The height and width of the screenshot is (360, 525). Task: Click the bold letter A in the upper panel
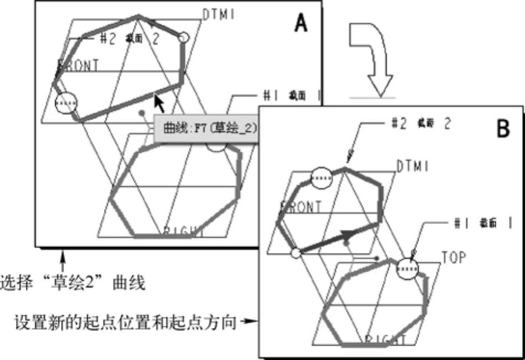pyautogui.click(x=301, y=23)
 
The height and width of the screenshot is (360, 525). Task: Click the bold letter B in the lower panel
pyautogui.click(x=504, y=129)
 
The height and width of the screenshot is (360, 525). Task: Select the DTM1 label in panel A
pyautogui.click(x=219, y=15)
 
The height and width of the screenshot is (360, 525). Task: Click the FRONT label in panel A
pyautogui.click(x=78, y=65)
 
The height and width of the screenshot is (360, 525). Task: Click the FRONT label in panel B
pyautogui.click(x=301, y=207)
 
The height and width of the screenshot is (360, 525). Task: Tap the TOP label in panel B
pyautogui.click(x=453, y=257)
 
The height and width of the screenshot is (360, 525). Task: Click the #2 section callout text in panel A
pyautogui.click(x=126, y=38)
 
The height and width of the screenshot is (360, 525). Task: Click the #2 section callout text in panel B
pyautogui.click(x=420, y=124)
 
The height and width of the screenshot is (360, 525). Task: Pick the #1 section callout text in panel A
pyautogui.click(x=291, y=95)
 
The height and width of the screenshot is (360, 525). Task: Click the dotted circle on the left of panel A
pyautogui.click(x=66, y=103)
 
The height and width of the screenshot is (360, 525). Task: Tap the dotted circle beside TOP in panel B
pyautogui.click(x=408, y=268)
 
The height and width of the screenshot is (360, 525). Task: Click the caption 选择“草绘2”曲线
pyautogui.click(x=73, y=283)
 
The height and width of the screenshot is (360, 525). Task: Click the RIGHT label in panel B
pyautogui.click(x=385, y=339)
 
